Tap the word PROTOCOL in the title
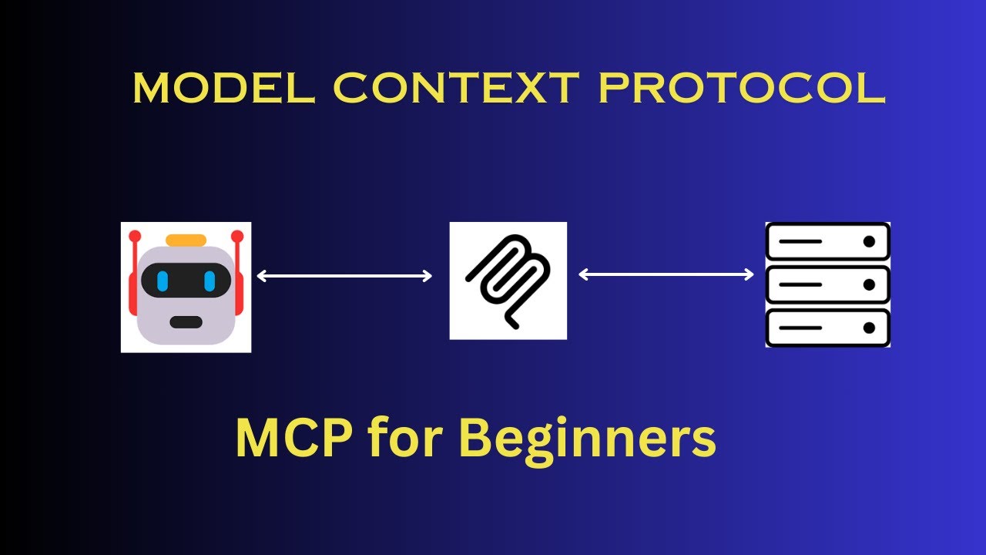point(743,89)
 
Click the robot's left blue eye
point(163,281)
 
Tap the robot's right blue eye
point(209,281)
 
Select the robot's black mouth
point(186,322)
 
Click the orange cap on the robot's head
point(186,240)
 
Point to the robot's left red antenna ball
point(135,235)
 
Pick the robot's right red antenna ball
point(237,235)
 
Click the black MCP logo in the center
point(508,281)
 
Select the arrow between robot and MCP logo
point(344,276)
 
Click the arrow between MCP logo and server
point(666,274)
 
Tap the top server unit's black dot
point(870,241)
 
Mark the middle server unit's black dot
point(870,285)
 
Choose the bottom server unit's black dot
point(870,328)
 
